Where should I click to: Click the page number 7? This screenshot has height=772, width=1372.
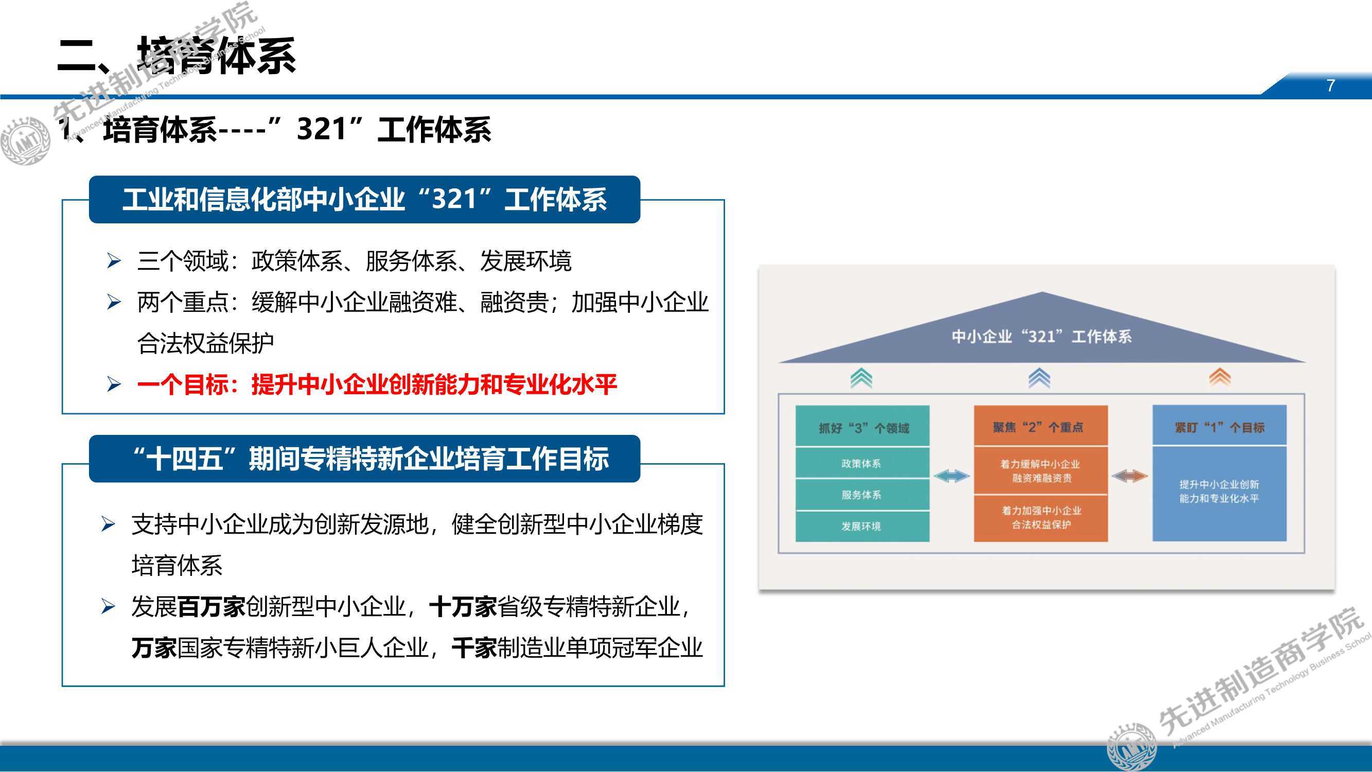pyautogui.click(x=1330, y=85)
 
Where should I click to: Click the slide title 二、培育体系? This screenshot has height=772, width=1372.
pyautogui.click(x=177, y=56)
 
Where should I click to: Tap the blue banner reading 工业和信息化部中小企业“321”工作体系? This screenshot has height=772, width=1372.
pyautogui.click(x=364, y=199)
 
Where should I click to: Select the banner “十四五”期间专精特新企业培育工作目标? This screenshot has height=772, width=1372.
pyautogui.click(x=364, y=459)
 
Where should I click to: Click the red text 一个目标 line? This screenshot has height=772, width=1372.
pyautogui.click(x=377, y=384)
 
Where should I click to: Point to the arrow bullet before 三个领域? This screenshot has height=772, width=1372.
pyautogui.click(x=113, y=261)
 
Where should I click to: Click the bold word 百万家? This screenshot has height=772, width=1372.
pyautogui.click(x=212, y=607)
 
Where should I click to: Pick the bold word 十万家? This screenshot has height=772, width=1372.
pyautogui.click(x=463, y=607)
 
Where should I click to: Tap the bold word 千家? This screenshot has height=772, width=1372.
pyautogui.click(x=474, y=648)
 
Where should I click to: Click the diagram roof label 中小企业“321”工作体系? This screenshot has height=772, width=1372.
pyautogui.click(x=1042, y=337)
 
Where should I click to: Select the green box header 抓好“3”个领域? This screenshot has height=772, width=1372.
pyautogui.click(x=863, y=427)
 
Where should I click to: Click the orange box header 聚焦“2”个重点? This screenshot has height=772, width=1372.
pyautogui.click(x=1041, y=427)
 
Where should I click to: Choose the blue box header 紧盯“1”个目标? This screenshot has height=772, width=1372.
pyautogui.click(x=1220, y=427)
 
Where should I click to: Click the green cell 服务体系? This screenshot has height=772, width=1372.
pyautogui.click(x=863, y=495)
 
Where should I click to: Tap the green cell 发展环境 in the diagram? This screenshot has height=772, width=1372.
pyautogui.click(x=863, y=527)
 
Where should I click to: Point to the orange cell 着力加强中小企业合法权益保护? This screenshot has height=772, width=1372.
pyautogui.click(x=1041, y=518)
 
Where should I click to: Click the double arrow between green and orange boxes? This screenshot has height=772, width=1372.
pyautogui.click(x=952, y=476)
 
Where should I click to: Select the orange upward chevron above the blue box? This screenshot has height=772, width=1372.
pyautogui.click(x=1220, y=377)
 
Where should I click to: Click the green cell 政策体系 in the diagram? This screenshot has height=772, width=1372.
pyautogui.click(x=863, y=464)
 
